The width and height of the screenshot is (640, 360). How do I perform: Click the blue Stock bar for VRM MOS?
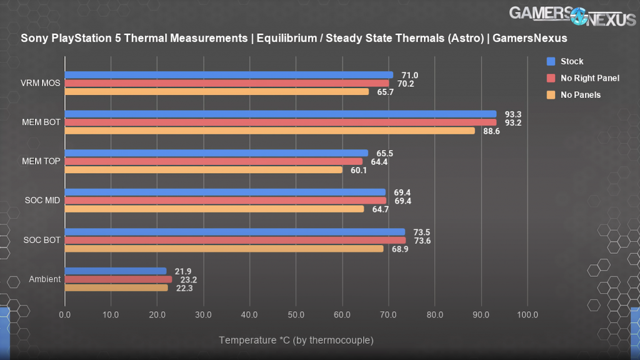[x=229, y=75]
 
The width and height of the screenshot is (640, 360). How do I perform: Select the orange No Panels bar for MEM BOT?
[x=269, y=131]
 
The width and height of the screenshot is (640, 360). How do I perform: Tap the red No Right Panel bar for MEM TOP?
[x=213, y=161]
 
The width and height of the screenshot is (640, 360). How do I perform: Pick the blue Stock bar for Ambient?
[x=116, y=271]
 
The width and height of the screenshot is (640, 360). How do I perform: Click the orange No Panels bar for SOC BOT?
[x=224, y=249]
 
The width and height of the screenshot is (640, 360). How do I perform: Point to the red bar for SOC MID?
[x=225, y=201]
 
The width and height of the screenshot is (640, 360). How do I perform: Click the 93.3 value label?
[x=512, y=114]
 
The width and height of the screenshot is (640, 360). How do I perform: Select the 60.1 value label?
[x=359, y=170]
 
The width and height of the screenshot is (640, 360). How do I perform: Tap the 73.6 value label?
[x=421, y=241]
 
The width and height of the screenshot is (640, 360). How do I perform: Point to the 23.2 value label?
[x=187, y=279]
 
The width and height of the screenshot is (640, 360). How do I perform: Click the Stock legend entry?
[x=572, y=61]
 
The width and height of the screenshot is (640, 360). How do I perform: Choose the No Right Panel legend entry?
[x=590, y=78]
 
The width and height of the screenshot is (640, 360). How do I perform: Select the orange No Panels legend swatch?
[x=551, y=95]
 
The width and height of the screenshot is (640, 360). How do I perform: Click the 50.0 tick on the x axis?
[x=296, y=314]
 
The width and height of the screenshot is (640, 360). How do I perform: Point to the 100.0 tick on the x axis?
[x=526, y=314]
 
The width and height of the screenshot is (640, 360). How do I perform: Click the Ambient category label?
[x=45, y=279]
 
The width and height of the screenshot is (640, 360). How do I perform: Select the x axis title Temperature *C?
[x=296, y=340]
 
